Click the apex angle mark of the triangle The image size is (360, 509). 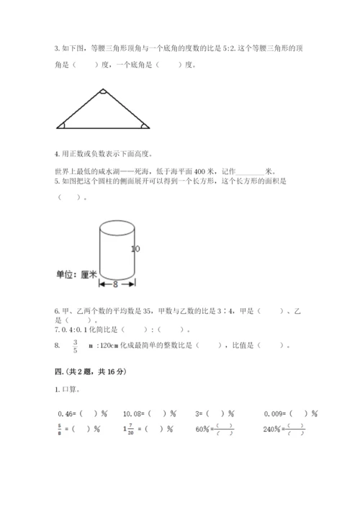pyautogui.click(x=103, y=92)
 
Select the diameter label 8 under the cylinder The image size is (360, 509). pyautogui.click(x=114, y=284)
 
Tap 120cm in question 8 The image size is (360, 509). pyautogui.click(x=109, y=345)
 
